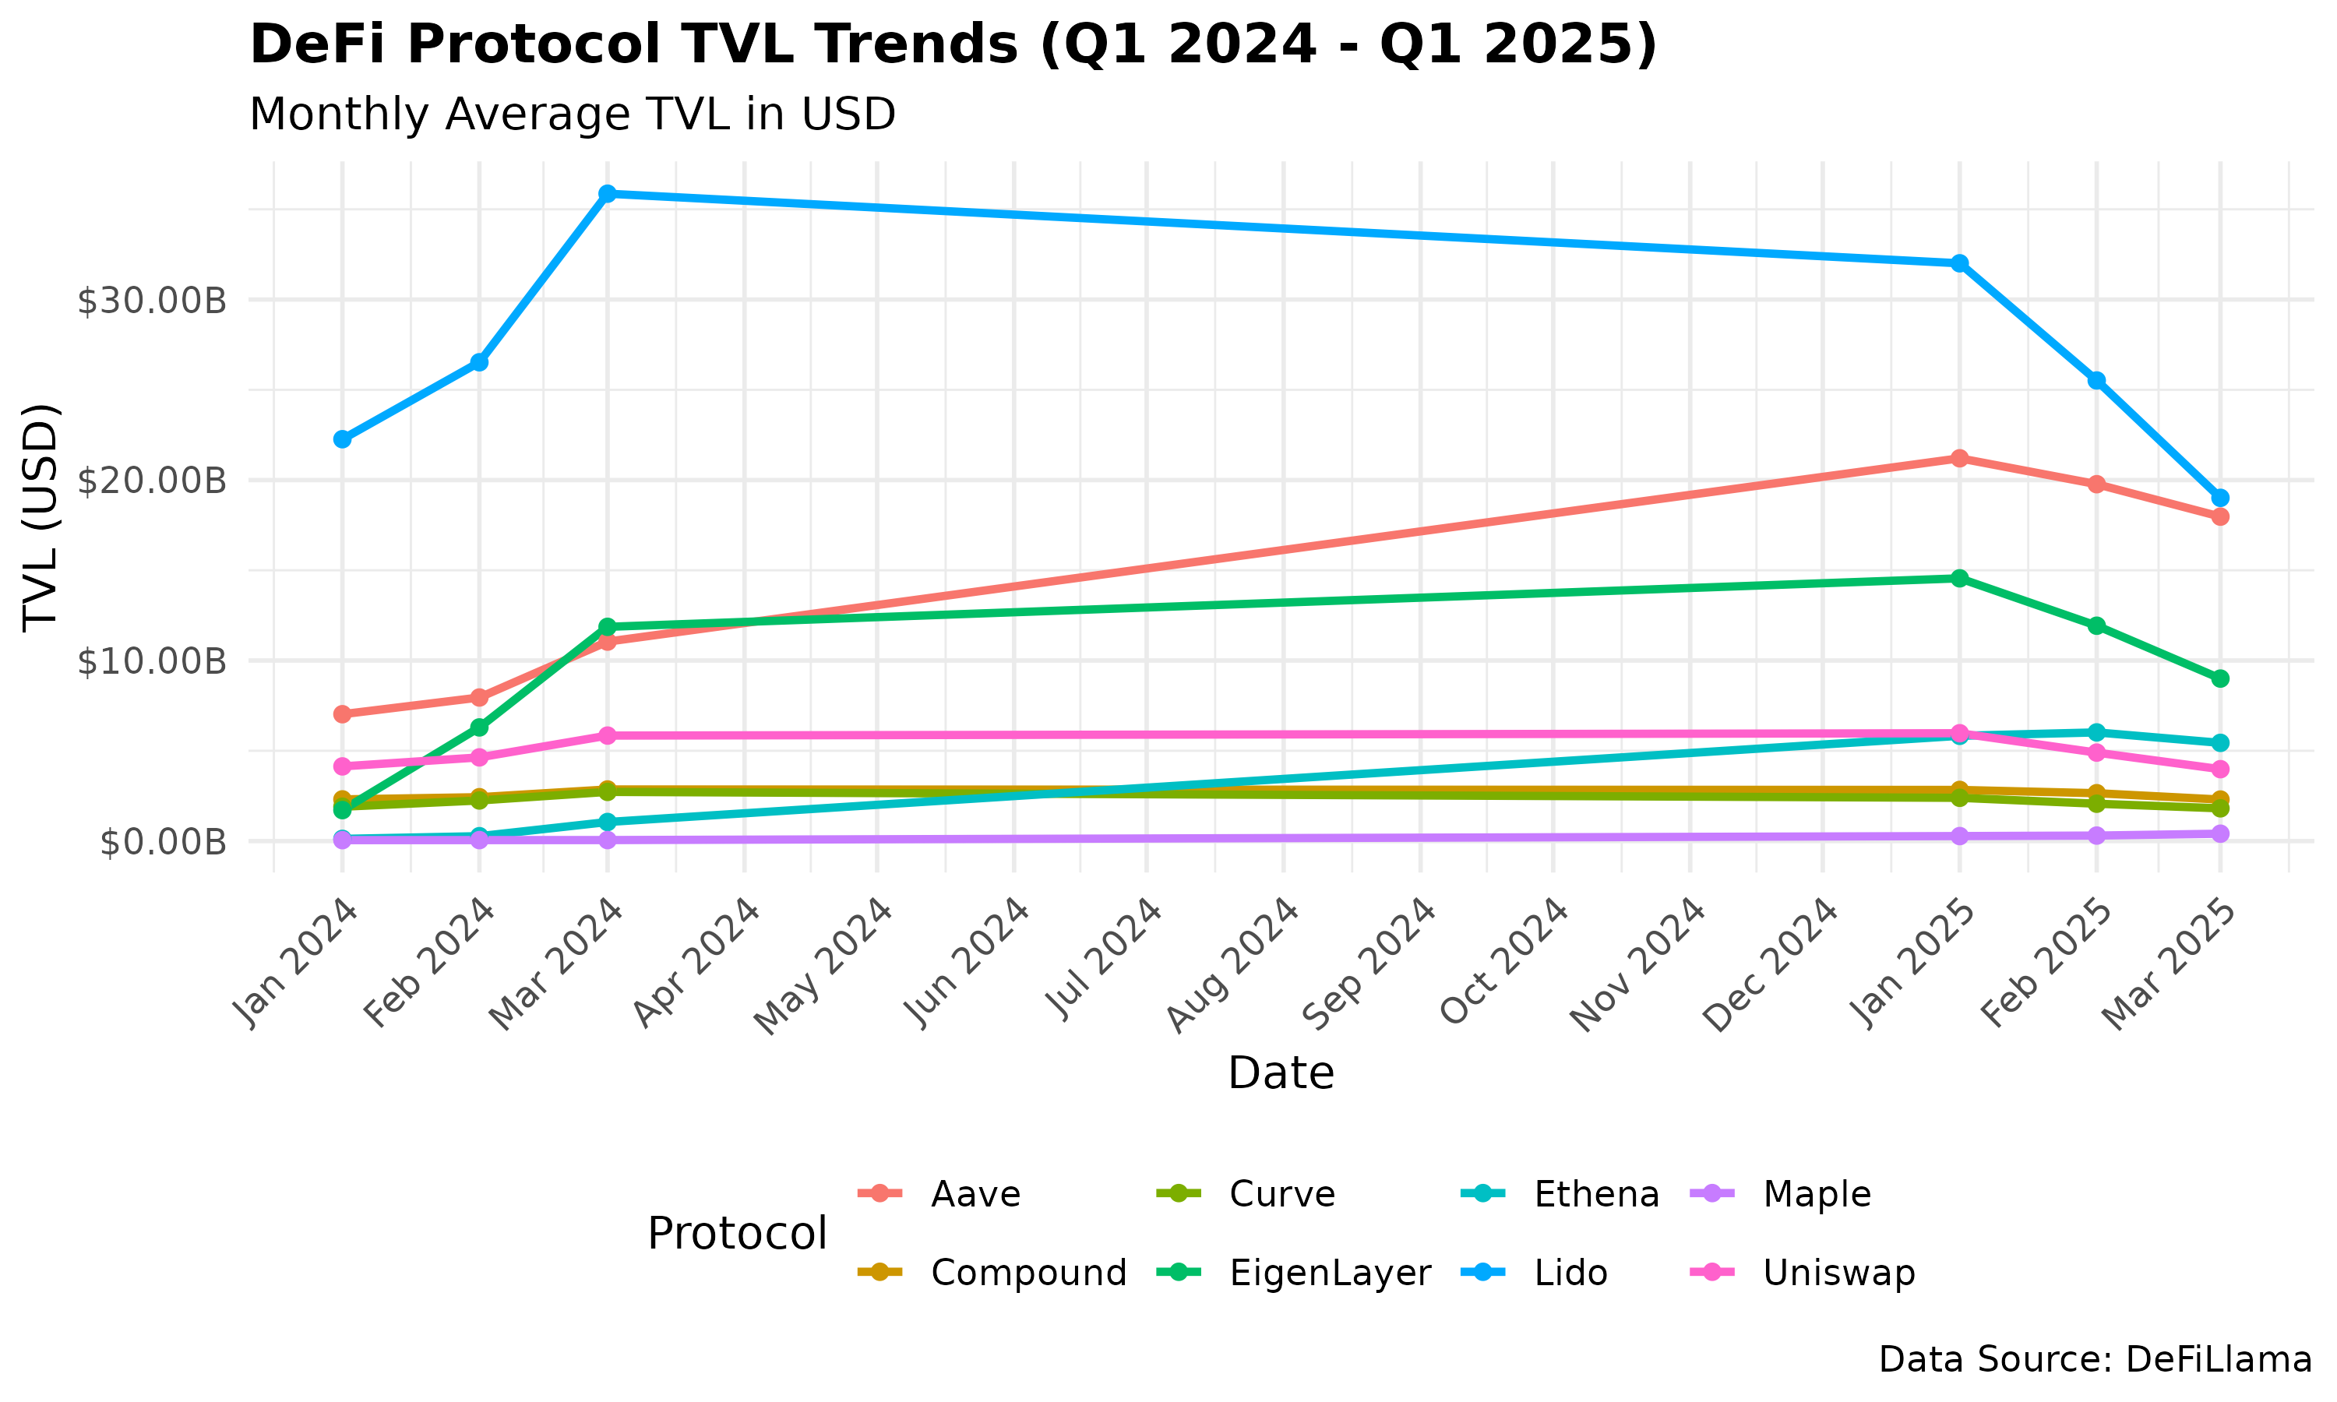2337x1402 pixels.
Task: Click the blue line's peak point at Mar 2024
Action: click(x=608, y=194)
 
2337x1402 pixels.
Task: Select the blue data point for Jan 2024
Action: click(x=342, y=439)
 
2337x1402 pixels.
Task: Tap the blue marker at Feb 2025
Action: click(x=2096, y=380)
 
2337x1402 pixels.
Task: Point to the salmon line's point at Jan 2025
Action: click(x=1959, y=458)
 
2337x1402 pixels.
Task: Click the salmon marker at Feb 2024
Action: click(x=479, y=698)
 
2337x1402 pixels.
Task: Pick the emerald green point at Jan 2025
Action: click(x=1959, y=578)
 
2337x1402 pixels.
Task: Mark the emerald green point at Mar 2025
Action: click(x=2220, y=679)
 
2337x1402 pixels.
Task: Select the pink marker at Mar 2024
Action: click(x=608, y=736)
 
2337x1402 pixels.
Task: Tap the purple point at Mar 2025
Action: click(x=2220, y=833)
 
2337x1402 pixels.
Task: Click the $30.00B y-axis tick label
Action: click(x=151, y=301)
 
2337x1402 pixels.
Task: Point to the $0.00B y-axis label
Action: click(x=163, y=842)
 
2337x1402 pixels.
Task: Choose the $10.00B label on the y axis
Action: click(x=151, y=661)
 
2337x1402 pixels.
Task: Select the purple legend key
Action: click(x=1711, y=1193)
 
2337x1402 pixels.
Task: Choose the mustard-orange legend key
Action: click(x=879, y=1272)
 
